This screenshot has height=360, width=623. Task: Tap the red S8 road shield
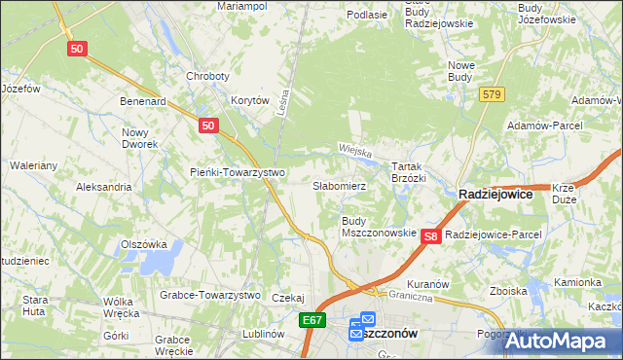pyautogui.click(x=433, y=236)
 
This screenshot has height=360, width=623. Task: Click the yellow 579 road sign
pyautogui.click(x=491, y=93)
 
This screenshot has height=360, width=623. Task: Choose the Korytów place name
pyautogui.click(x=249, y=100)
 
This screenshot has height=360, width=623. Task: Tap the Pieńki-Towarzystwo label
pyautogui.click(x=237, y=173)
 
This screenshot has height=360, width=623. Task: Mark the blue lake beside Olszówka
pyautogui.click(x=164, y=259)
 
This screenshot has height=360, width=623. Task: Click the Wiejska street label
pyautogui.click(x=356, y=150)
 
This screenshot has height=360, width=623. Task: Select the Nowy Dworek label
pyautogui.click(x=140, y=137)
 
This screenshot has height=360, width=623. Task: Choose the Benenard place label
pyautogui.click(x=143, y=100)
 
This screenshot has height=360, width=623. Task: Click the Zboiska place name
pyautogui.click(x=509, y=291)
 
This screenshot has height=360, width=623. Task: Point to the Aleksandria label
pyautogui.click(x=103, y=186)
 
